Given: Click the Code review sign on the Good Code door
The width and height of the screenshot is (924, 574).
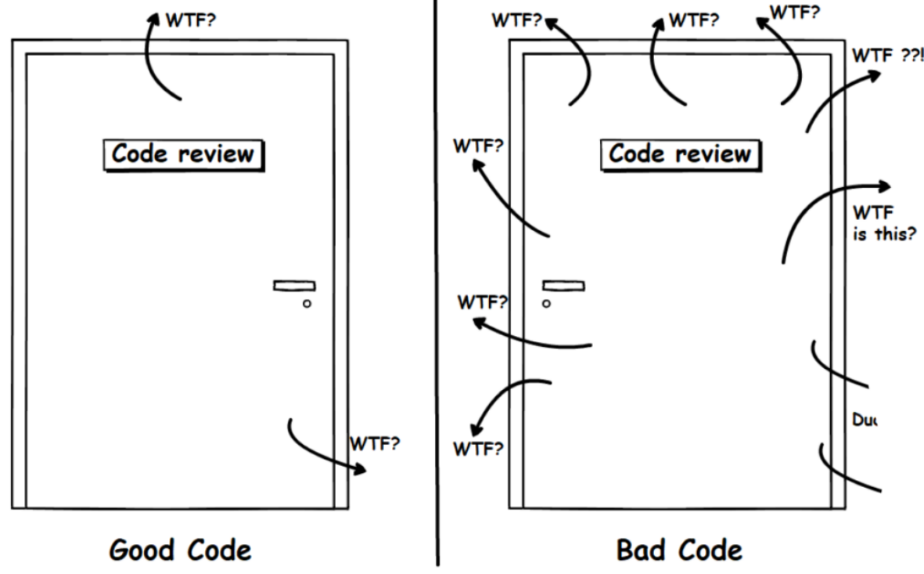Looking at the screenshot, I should (183, 154).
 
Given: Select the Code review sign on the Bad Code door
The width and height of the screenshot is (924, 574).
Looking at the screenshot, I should (679, 154).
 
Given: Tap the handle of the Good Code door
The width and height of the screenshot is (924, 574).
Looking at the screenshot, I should (293, 286).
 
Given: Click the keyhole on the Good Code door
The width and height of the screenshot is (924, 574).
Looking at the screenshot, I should (307, 304).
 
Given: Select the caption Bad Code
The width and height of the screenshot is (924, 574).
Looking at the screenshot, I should (678, 550).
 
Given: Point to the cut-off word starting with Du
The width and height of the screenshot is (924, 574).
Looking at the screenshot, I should (864, 420).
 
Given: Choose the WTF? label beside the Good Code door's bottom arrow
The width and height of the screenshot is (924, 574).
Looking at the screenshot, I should (374, 445).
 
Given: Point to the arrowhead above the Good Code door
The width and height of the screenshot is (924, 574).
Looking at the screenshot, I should (152, 20).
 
